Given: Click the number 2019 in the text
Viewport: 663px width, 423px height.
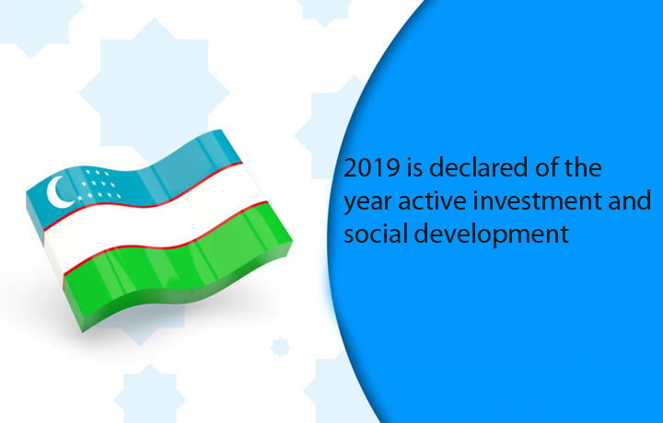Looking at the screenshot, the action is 372,167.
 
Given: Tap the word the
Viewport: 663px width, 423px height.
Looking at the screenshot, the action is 584,167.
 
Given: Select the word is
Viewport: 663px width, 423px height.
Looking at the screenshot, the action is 413,167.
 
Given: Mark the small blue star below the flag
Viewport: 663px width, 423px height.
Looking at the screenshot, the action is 280,347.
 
